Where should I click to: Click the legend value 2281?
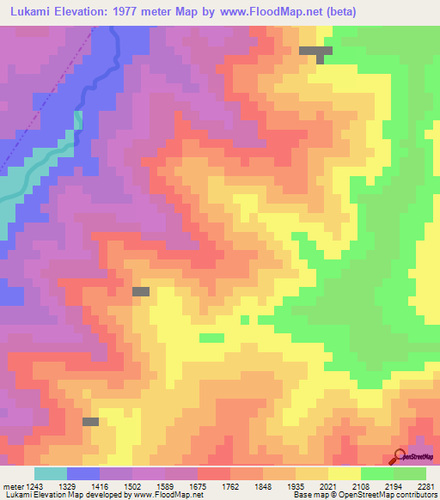tap(427, 486)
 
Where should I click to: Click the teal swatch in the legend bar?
tap(50, 473)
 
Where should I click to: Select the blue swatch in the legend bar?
tap(83, 473)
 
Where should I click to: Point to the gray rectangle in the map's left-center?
tap(140, 292)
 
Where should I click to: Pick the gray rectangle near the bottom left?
tap(90, 422)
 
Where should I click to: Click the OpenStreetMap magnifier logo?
tap(399, 456)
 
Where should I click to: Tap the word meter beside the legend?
tap(13, 486)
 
